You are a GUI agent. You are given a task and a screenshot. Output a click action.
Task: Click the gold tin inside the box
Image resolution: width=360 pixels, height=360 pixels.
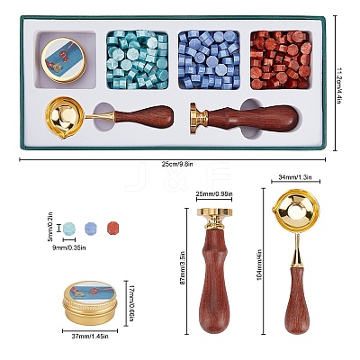coord(64,60)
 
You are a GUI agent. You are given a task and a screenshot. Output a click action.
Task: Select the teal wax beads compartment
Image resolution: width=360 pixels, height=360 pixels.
coord(138,59)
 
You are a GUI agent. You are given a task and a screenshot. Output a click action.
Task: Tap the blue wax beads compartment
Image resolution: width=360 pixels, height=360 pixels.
coord(209,59)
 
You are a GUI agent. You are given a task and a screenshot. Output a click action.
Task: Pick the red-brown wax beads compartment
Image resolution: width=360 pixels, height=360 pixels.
coord(281,59)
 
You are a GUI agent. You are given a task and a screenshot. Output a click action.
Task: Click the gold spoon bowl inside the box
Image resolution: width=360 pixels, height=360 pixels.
coord(66,118)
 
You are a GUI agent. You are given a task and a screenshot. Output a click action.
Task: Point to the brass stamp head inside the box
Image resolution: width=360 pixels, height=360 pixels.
coord(198,118)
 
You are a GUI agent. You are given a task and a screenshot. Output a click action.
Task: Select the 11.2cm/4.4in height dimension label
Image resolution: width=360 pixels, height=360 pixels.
coord(339,85)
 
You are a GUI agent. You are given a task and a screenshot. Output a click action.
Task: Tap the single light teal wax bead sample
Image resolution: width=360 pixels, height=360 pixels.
coord(69,229)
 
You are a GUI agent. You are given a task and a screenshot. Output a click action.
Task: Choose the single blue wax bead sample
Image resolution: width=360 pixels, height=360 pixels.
coord(91,229)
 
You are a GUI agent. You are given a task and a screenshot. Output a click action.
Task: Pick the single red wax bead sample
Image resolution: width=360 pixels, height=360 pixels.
coord(113,229)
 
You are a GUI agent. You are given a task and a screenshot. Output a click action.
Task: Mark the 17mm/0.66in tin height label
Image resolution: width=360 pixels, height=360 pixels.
coord(130,303)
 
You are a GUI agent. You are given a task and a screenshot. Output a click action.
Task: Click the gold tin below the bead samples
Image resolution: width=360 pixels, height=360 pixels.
coord(90,303)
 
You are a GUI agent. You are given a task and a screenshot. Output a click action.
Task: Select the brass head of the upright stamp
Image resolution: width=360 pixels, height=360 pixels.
coord(214,219)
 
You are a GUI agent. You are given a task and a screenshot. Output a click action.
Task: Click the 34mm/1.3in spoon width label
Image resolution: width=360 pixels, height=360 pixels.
coord(295,177)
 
